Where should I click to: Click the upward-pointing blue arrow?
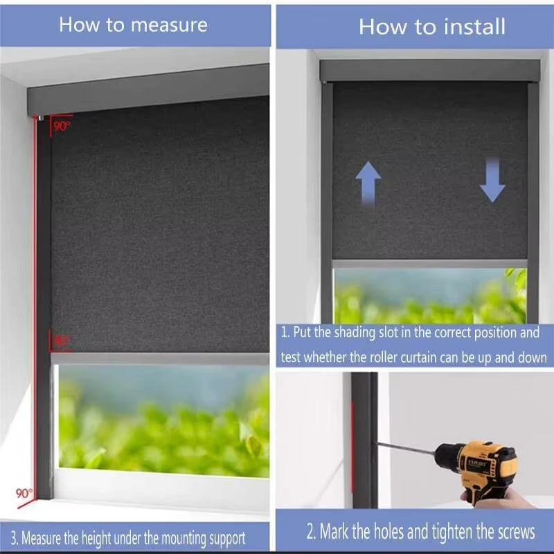(x=368, y=183)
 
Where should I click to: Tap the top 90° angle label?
(x=62, y=126)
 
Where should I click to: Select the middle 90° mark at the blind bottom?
(x=61, y=341)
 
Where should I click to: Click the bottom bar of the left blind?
(x=159, y=359)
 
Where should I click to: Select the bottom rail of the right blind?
(x=429, y=264)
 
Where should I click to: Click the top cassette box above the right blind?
(x=429, y=70)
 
